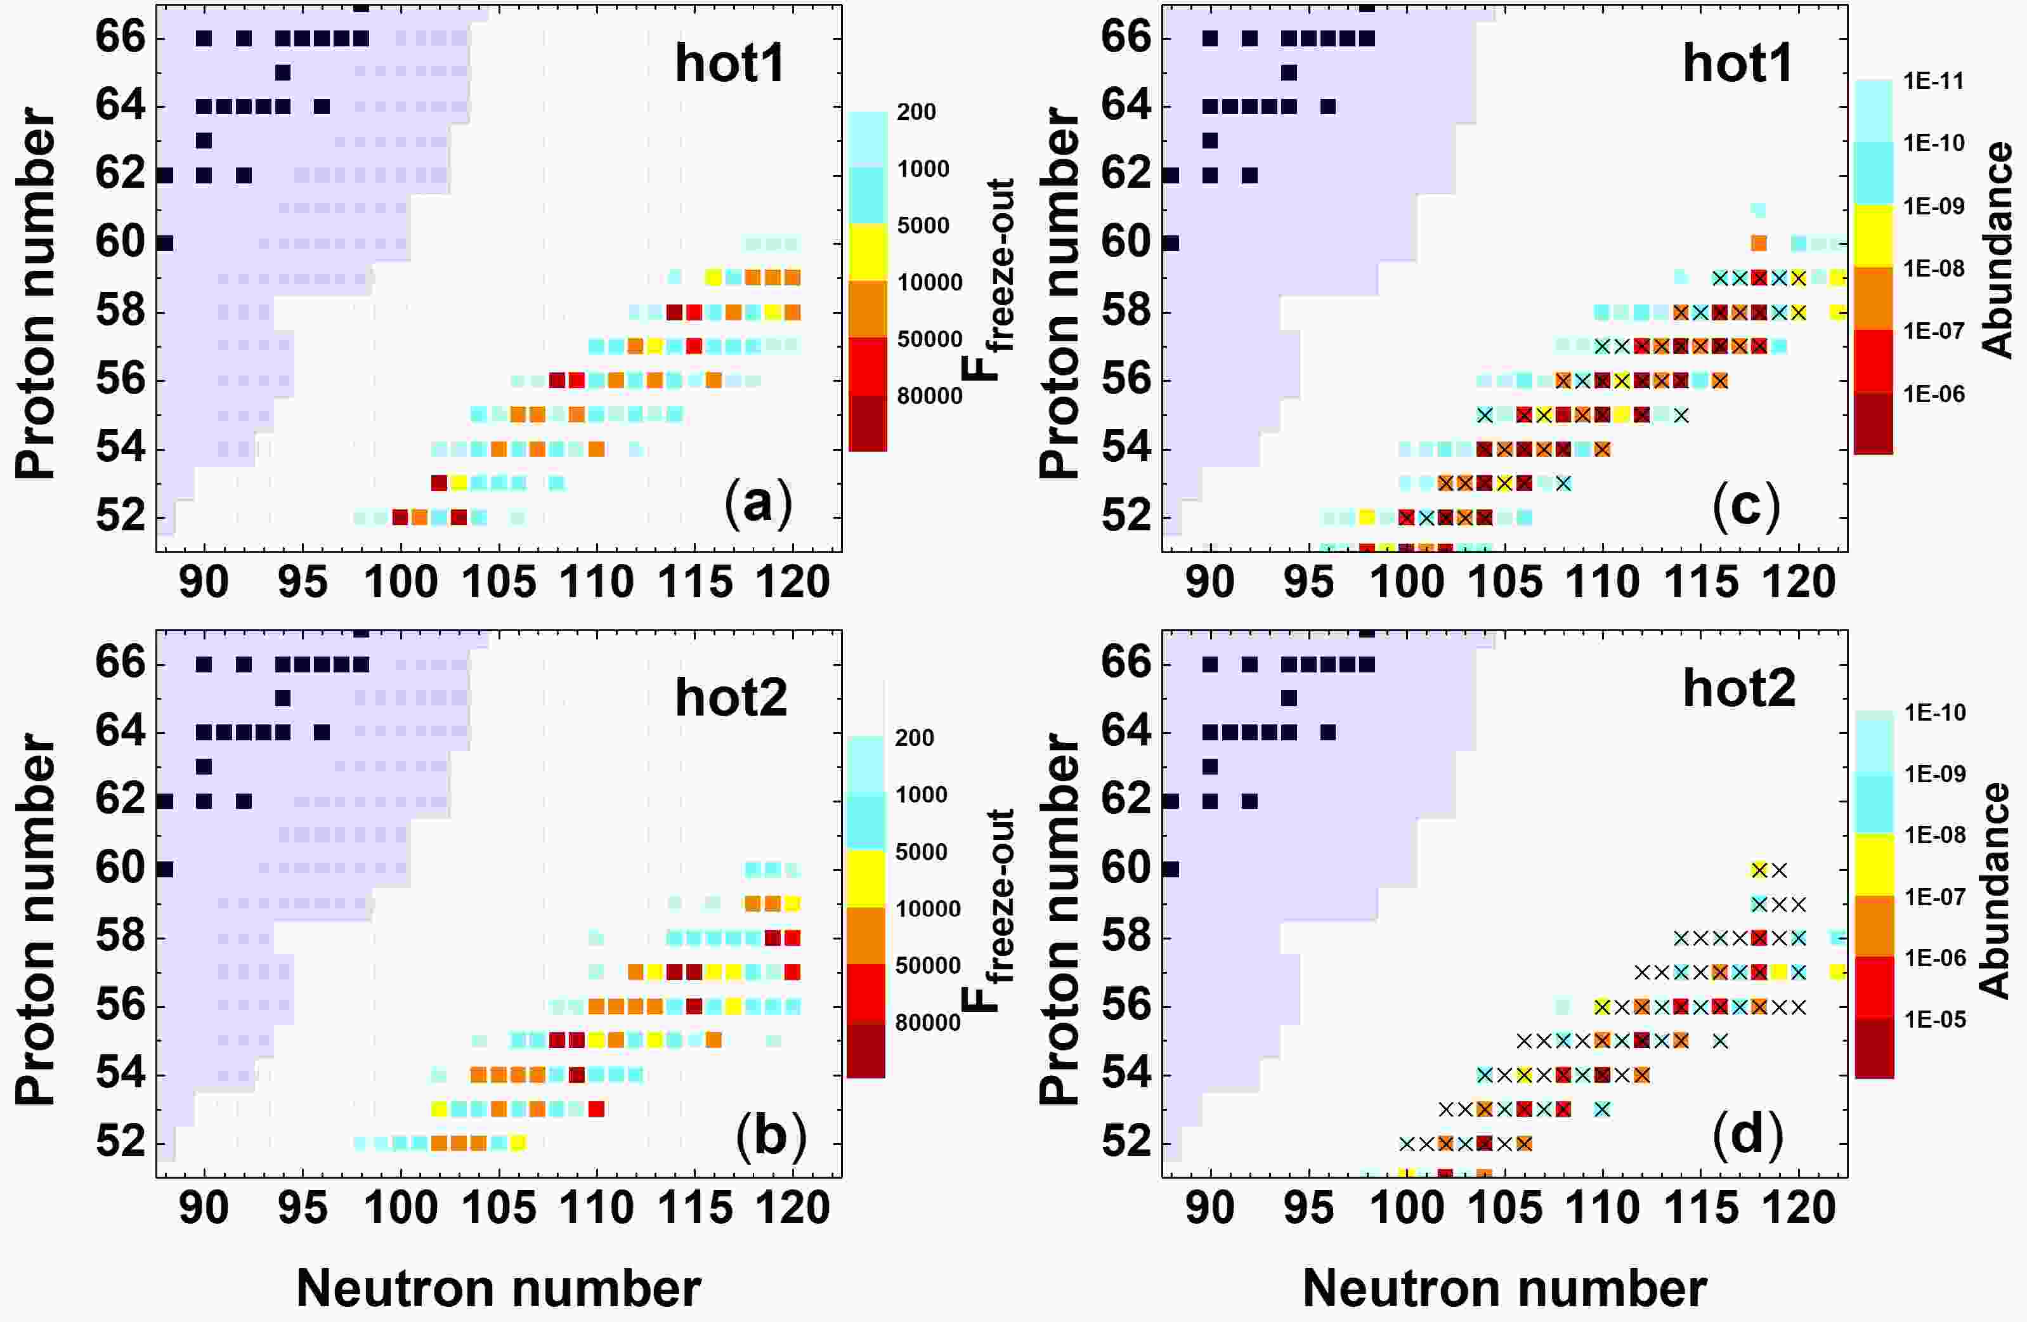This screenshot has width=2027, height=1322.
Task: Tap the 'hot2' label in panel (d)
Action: [x=1738, y=688]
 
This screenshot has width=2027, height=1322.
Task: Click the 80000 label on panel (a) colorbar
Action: [x=929, y=396]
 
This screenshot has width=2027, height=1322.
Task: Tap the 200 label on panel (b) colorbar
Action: [x=914, y=738]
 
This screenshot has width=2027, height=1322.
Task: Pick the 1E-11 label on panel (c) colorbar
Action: [x=1933, y=82]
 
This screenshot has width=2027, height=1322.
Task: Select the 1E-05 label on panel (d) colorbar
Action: [x=1935, y=1019]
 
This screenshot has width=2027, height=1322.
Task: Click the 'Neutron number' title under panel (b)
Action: [x=499, y=1288]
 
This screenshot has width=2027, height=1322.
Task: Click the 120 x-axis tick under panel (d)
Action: [x=1799, y=1208]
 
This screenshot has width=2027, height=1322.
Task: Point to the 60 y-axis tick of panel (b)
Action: [x=120, y=869]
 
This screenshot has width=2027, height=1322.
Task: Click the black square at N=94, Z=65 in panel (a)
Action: [x=283, y=72]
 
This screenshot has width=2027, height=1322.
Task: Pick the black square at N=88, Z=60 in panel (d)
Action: [x=1171, y=869]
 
